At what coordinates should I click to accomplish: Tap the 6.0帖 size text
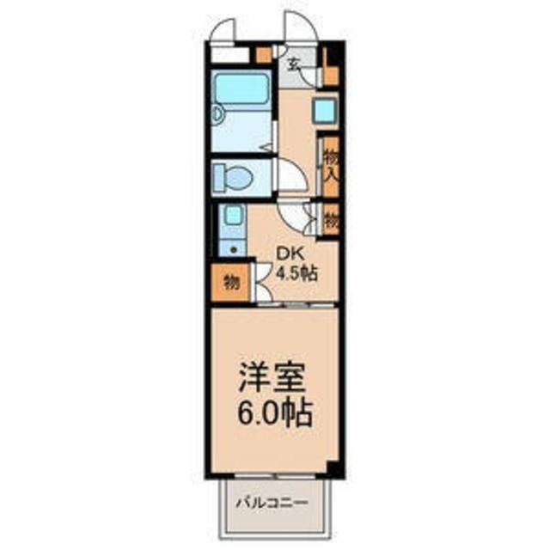(x=272, y=417)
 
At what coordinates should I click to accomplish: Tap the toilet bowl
(x=235, y=178)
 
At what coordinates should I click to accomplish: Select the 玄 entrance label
(x=294, y=63)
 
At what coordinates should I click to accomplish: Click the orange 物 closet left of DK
(x=229, y=281)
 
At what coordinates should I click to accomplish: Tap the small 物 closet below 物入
(x=331, y=218)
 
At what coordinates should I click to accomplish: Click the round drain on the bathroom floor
(x=219, y=113)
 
